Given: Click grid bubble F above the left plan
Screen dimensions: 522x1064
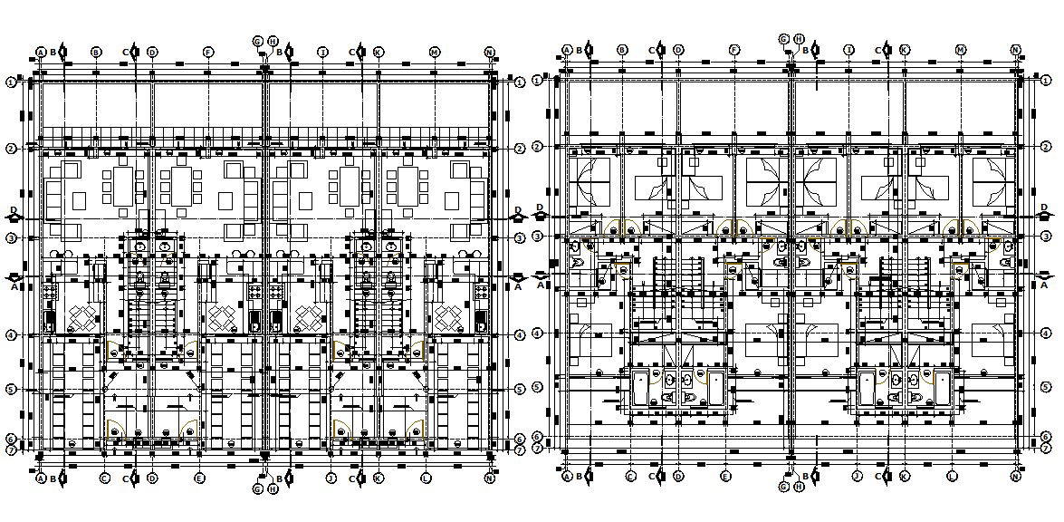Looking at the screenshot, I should [208, 53].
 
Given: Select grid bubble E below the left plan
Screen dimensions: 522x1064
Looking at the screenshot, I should [200, 478].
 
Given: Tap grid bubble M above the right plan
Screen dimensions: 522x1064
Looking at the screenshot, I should [960, 50].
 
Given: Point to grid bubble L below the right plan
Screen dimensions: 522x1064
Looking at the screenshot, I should [952, 476].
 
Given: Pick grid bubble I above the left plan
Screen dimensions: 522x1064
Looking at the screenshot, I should [322, 53].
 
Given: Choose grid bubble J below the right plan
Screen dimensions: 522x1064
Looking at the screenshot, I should [855, 476].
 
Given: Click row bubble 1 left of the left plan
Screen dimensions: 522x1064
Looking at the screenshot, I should [12, 82].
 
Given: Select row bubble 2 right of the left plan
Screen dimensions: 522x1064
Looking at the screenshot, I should [519, 149].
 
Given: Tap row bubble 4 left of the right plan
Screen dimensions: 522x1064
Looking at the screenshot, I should [537, 333].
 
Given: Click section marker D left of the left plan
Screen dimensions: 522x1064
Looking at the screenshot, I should [14, 214].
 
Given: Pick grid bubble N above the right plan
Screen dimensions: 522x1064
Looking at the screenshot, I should [1015, 50].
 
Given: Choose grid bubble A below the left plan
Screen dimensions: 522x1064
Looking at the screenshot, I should [41, 478].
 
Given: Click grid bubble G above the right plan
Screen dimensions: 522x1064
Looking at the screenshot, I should [784, 39].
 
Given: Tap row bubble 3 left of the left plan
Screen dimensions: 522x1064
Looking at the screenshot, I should [12, 238].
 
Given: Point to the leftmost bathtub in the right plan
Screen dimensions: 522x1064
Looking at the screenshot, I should [643, 387].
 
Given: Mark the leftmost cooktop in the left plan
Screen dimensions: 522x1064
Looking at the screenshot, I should [51, 292].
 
